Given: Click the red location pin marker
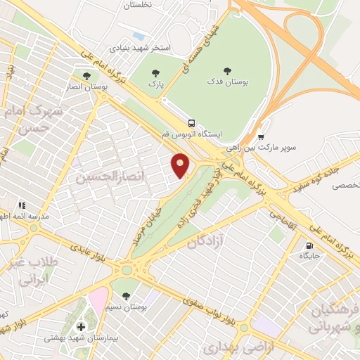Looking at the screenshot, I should [181, 165].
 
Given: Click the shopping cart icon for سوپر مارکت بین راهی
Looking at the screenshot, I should [261, 137].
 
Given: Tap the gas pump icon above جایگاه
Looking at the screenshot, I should [309, 245].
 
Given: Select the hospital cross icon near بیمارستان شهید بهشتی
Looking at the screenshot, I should [82, 326].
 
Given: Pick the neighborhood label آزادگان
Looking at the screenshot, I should [208, 241].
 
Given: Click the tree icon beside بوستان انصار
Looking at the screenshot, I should [87, 76].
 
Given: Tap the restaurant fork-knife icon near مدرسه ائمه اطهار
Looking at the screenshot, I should [21, 205].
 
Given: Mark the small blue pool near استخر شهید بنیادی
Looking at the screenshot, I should [139, 35].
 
